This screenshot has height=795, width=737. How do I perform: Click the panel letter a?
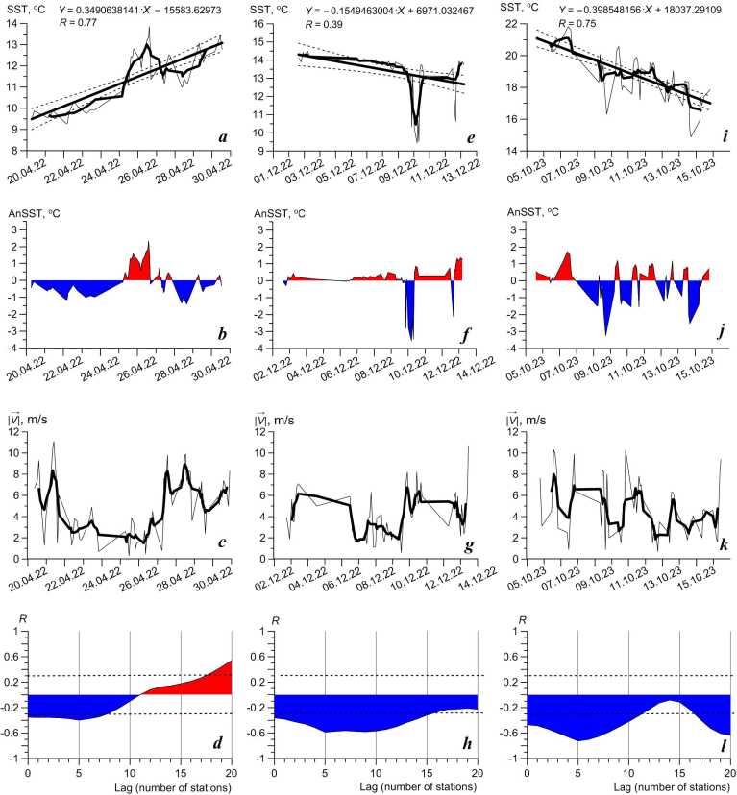(223, 137)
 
